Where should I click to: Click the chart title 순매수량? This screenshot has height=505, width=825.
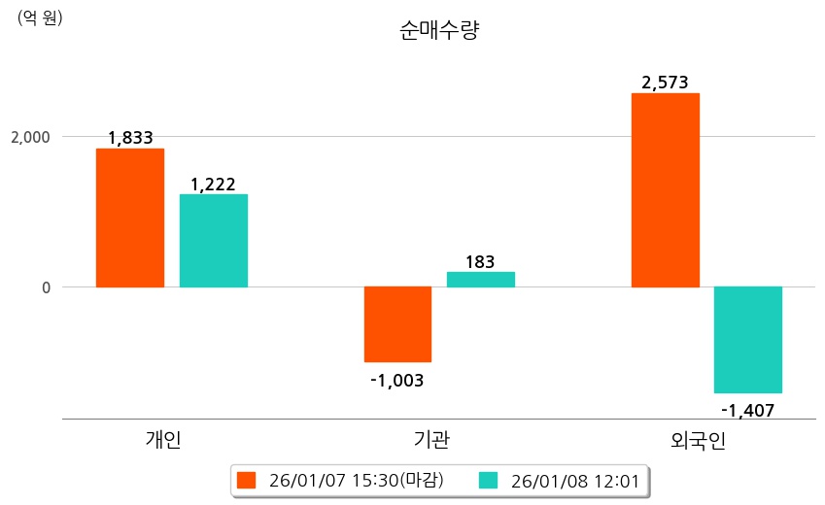click(439, 31)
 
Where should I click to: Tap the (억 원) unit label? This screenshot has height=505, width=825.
click(40, 17)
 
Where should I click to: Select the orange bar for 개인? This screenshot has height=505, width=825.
click(129, 218)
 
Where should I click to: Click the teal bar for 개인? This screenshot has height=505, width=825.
click(213, 240)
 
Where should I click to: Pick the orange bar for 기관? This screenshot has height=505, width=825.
click(397, 323)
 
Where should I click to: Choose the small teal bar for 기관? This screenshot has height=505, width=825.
click(480, 279)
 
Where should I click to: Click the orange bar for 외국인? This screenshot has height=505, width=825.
click(665, 189)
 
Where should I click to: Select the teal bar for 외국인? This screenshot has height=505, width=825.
click(747, 339)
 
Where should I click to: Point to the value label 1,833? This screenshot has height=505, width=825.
click(130, 138)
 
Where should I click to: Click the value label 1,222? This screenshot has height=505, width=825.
click(213, 184)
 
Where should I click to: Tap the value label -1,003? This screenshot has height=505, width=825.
click(396, 380)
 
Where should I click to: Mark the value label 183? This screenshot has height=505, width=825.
click(480, 261)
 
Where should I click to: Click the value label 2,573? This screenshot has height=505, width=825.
click(666, 83)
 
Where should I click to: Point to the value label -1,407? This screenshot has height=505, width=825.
click(747, 410)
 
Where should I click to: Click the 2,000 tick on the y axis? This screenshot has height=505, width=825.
click(30, 137)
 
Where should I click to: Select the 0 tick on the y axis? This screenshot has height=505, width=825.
click(44, 287)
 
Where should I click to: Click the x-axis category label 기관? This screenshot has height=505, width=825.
click(431, 440)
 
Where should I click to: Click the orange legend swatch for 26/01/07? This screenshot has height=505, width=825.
click(246, 480)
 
